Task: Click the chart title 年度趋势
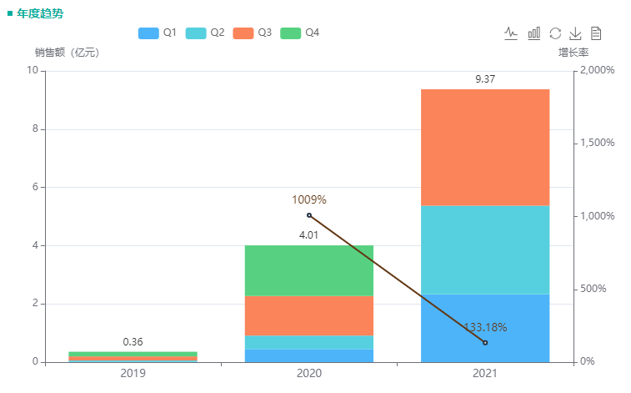coord(40,14)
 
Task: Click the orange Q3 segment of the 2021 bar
coord(485,147)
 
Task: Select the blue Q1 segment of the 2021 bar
coord(485,328)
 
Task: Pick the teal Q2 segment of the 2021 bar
coord(485,249)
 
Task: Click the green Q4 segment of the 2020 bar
coord(309,270)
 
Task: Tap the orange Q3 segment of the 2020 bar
coord(309,315)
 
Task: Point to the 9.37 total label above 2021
coord(485,79)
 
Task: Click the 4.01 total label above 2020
coord(309,235)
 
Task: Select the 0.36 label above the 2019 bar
coord(133,342)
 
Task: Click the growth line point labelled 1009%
coord(309,215)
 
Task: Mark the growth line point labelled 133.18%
coord(485,343)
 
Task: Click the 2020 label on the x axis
coord(309,373)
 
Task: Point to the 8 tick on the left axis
coord(35,129)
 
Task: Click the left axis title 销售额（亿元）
coord(67,53)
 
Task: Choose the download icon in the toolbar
coord(575,33)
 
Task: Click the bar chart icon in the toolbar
coord(533,33)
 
